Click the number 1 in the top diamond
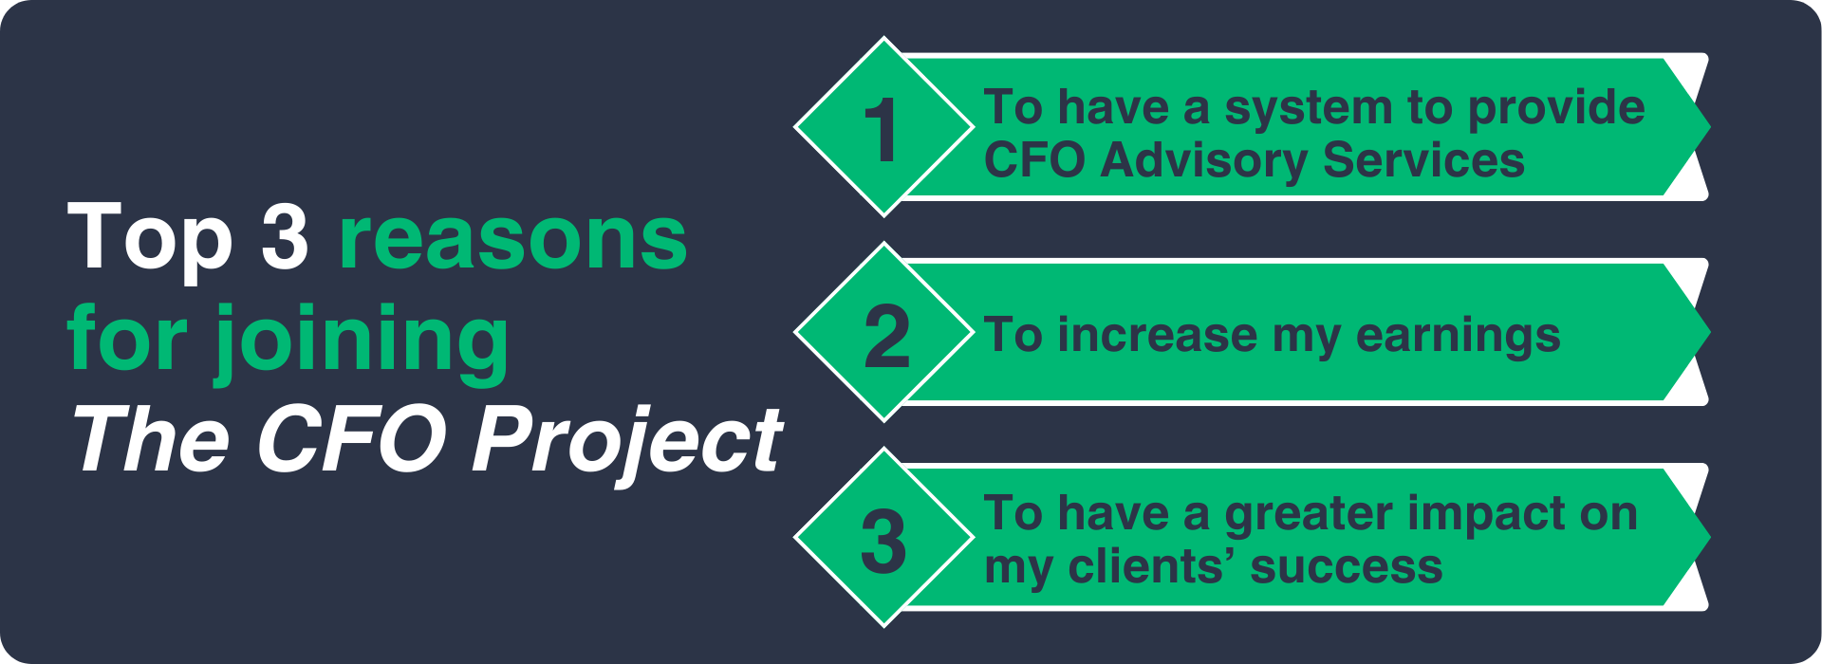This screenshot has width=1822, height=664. click(x=883, y=130)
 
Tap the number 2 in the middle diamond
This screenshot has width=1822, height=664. click(x=887, y=337)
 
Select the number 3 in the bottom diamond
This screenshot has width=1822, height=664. click(x=883, y=542)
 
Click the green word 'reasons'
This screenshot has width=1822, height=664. click(x=512, y=241)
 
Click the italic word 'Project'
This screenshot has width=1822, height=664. click(x=627, y=441)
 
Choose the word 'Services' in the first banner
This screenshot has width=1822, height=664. click(x=1423, y=159)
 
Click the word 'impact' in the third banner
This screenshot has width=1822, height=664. click(x=1486, y=515)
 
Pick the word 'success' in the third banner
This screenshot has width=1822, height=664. click(x=1347, y=568)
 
